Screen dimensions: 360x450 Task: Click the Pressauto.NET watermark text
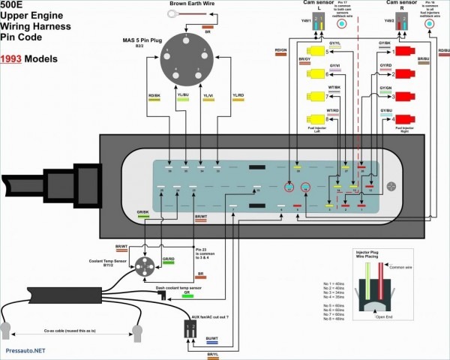coord(24,349)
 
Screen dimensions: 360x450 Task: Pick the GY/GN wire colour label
coord(385,88)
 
